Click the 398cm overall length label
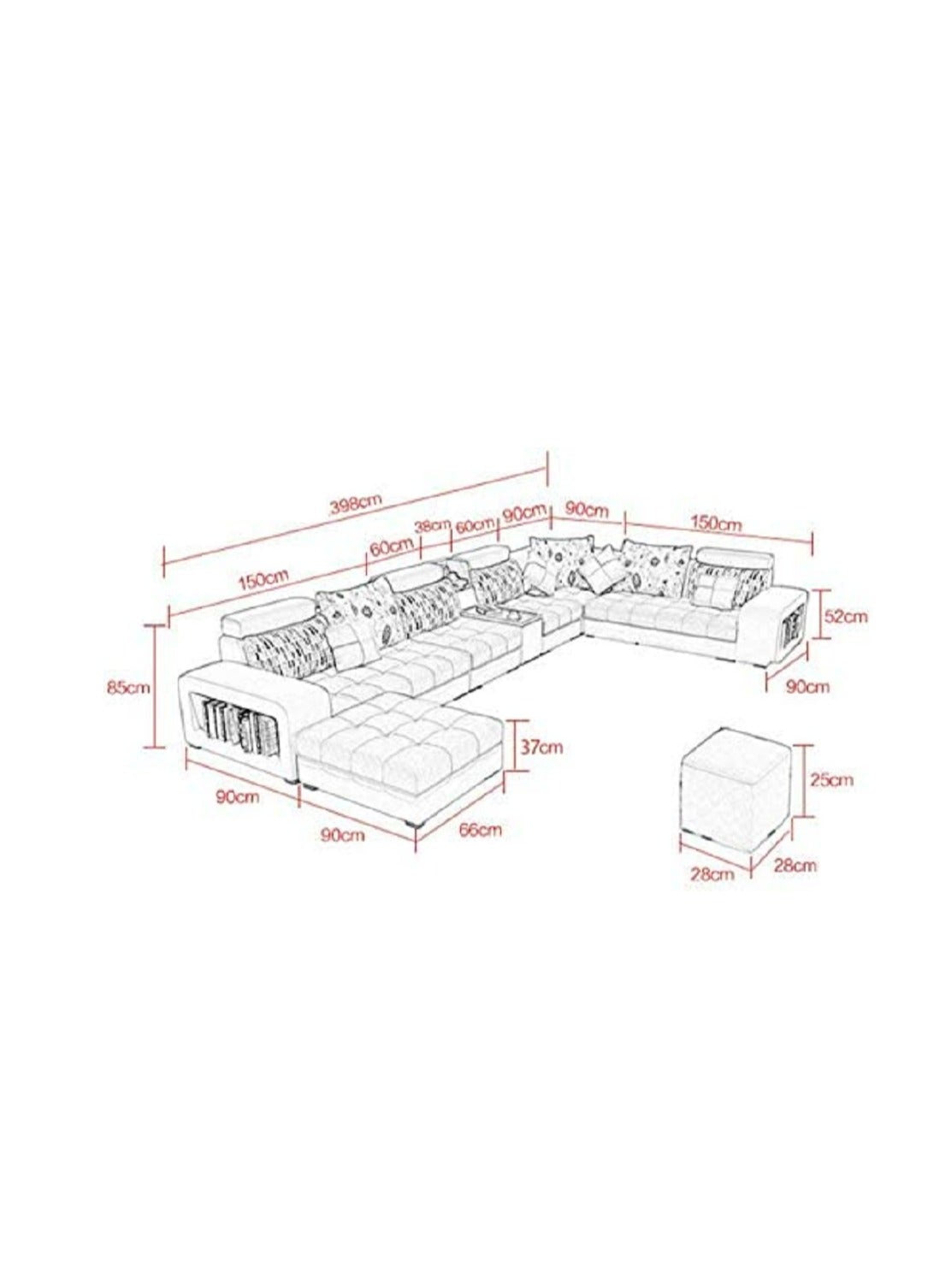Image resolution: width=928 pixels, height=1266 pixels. click(355, 504)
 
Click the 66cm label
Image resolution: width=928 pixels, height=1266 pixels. click(480, 829)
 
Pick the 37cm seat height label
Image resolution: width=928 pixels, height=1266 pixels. click(542, 747)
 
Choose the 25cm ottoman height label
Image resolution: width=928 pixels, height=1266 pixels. click(831, 780)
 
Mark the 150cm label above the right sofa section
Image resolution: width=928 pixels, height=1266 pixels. click(717, 523)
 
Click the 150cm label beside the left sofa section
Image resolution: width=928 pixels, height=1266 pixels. click(263, 582)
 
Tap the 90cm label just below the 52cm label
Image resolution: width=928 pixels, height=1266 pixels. click(807, 686)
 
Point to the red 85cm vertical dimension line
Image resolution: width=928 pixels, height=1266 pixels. click(156, 687)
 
